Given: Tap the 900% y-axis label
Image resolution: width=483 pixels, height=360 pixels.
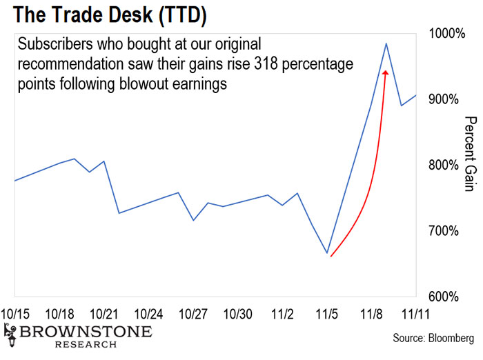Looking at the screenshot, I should coord(444,99).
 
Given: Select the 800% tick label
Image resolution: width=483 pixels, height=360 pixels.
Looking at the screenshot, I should coord(444,165).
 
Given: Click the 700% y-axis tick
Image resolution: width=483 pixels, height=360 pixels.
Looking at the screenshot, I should coord(444,230).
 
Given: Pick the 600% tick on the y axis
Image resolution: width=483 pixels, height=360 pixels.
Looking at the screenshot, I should coord(444,297).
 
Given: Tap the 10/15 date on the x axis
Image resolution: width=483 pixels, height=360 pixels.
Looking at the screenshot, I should coord(16,314).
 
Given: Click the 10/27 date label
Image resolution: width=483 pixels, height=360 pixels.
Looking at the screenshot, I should coord(194,314).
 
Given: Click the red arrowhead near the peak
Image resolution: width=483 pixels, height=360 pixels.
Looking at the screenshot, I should coord(385,71).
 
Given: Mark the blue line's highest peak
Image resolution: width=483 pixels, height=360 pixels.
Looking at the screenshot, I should coord(386,43).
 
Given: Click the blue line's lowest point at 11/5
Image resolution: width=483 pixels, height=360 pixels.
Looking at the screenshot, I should coord(328,253).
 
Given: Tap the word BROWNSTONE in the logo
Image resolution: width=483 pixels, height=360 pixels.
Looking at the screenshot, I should coord(86,332).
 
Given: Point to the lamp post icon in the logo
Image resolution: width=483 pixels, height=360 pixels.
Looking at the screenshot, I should coord(10,337).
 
